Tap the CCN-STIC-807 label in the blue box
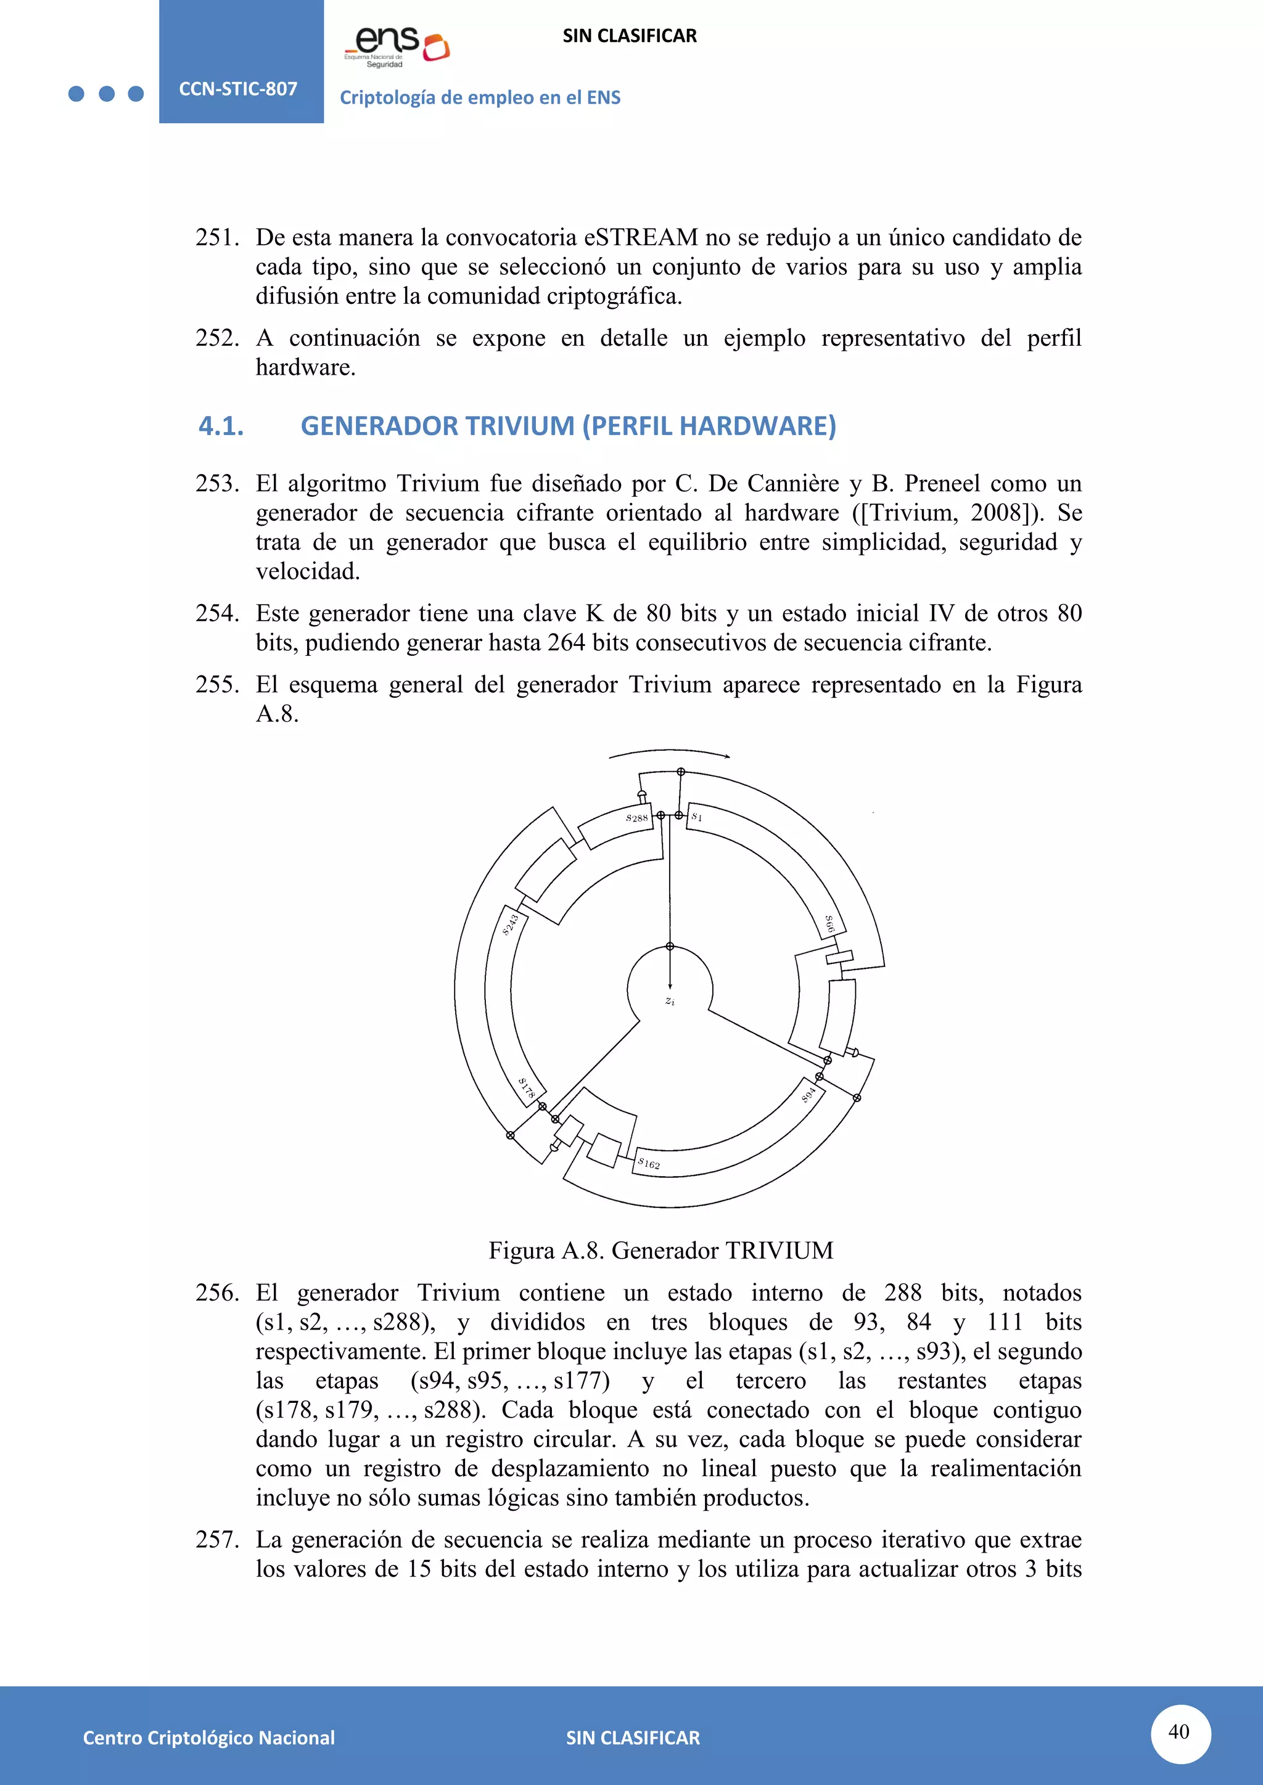click(x=238, y=89)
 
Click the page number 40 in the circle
click(x=1179, y=1731)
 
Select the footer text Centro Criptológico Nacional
click(x=208, y=1738)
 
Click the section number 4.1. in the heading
click(x=221, y=426)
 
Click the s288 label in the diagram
click(x=637, y=818)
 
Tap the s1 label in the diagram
click(x=697, y=817)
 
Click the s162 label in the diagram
click(x=649, y=1163)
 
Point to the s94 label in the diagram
click(x=809, y=1095)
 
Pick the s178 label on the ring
click(x=527, y=1088)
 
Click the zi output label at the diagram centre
click(x=670, y=1002)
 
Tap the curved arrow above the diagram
click(x=669, y=753)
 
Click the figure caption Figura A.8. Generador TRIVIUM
click(x=660, y=1250)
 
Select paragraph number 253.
click(x=216, y=484)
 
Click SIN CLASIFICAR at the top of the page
click(x=629, y=36)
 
